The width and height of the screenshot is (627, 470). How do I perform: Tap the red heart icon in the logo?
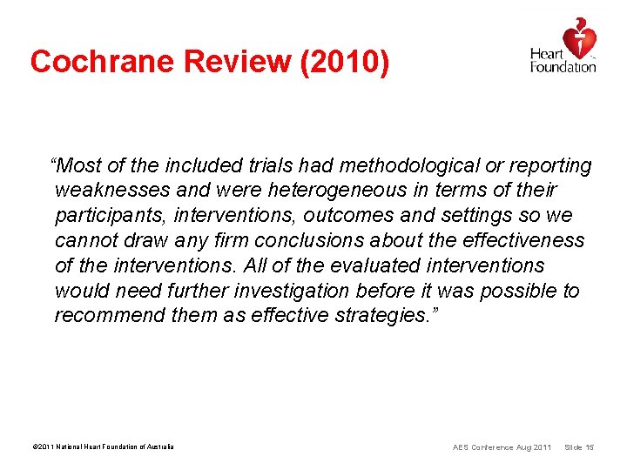(579, 38)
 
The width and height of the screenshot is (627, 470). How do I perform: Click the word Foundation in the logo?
(563, 67)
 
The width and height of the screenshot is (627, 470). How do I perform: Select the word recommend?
(109, 315)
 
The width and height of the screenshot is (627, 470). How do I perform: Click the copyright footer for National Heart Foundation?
(103, 447)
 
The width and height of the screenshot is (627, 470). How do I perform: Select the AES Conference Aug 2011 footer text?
(502, 447)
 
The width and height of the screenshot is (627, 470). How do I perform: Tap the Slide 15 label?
(579, 447)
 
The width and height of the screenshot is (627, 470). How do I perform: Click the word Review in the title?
(219, 61)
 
